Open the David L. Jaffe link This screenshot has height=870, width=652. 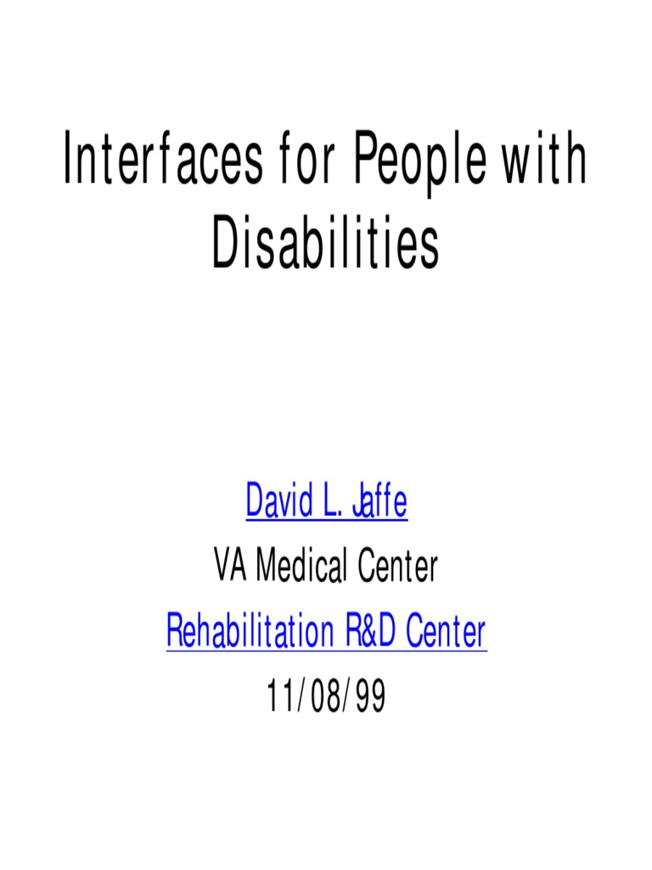point(326,502)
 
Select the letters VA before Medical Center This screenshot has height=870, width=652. point(231,567)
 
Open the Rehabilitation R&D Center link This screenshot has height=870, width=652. point(326,631)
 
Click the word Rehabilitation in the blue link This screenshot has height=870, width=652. point(250,631)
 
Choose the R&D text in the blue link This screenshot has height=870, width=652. point(369,631)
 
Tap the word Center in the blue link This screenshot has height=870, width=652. point(446,631)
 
